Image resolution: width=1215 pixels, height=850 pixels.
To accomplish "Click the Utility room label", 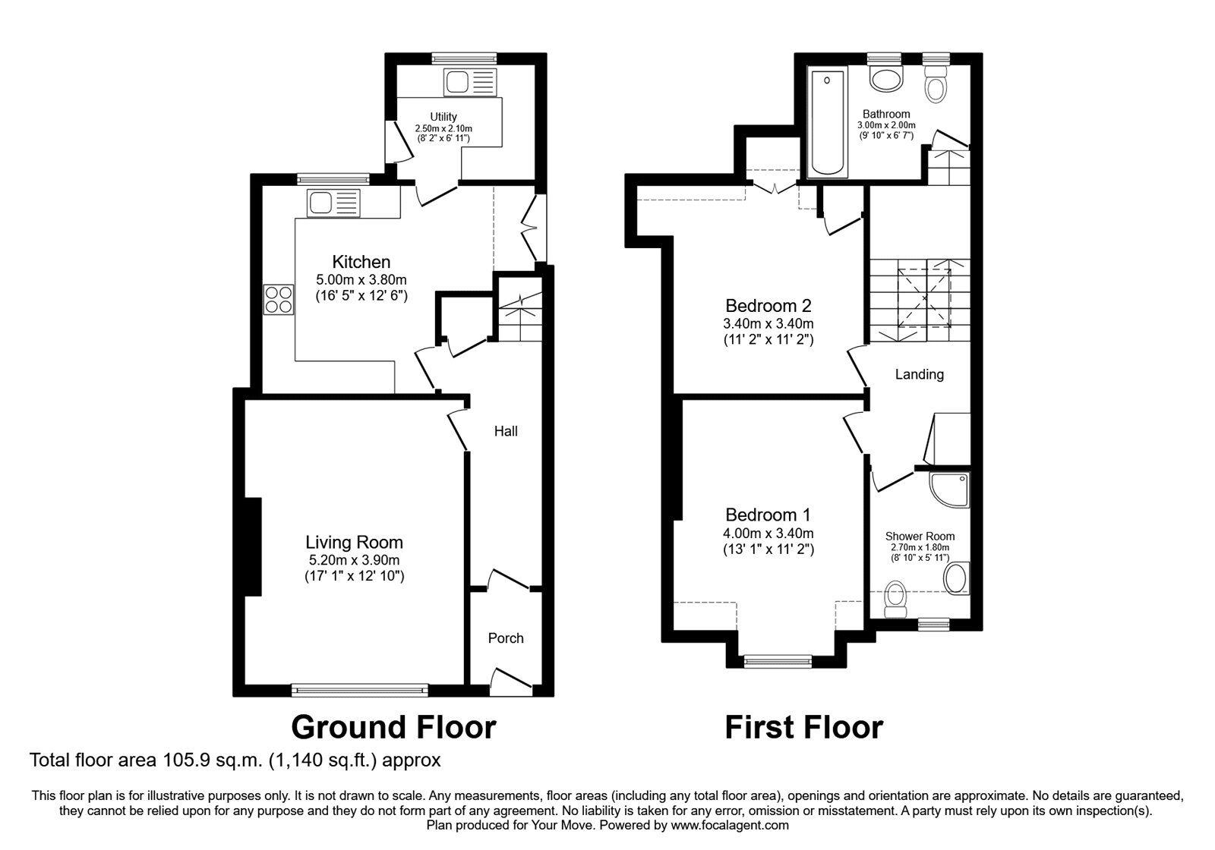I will [443, 116].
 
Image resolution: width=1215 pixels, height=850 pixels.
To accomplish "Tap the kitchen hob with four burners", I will [279, 298].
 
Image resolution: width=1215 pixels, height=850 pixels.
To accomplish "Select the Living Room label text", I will [354, 542].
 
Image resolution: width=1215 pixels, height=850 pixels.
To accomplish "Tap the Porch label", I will [506, 638].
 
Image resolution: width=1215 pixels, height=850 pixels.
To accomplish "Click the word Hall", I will [506, 431].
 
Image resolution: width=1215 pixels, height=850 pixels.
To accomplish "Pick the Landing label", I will [919, 374].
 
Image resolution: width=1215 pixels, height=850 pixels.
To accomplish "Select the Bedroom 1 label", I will [768, 515].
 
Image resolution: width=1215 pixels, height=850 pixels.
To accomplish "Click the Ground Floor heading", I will [393, 727].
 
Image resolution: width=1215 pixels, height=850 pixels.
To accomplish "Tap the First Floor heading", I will [803, 727].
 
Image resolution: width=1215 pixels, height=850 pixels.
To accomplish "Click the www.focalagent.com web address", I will [730, 825].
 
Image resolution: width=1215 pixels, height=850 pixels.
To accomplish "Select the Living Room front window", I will [360, 690].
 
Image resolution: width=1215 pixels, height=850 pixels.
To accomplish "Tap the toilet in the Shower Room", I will [897, 599].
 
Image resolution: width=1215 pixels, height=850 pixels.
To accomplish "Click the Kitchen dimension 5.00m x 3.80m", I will [361, 279].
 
